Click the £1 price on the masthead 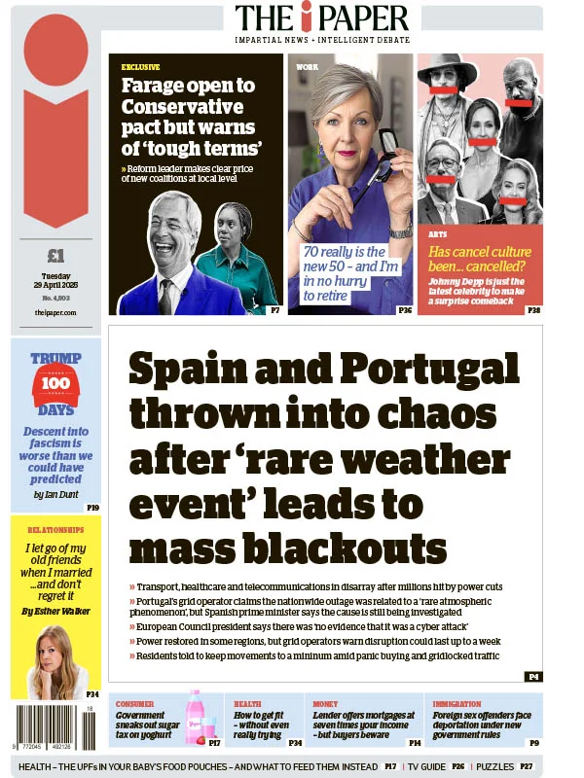[x=55, y=256]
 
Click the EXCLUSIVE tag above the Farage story [x=140, y=67]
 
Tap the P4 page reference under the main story [x=532, y=676]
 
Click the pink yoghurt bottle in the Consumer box [x=195, y=717]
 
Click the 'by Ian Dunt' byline [x=55, y=494]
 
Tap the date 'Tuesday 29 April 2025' [x=55, y=280]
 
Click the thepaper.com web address [x=55, y=312]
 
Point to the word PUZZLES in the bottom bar [x=493, y=766]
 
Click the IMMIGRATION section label [x=457, y=703]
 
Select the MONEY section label [x=325, y=703]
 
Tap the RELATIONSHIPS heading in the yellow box [x=55, y=530]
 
